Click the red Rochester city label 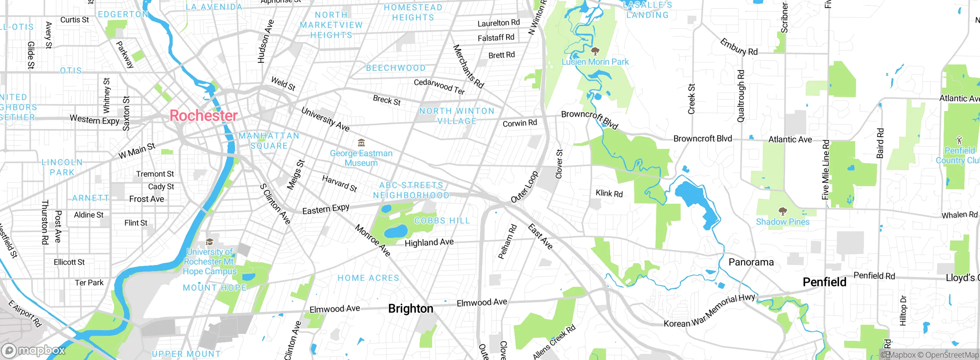pos(203,116)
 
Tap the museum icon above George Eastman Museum pos(361,143)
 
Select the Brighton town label pos(410,309)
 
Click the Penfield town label pos(824,282)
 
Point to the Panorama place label pos(751,262)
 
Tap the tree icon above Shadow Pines pos(782,211)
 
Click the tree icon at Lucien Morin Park pos(595,51)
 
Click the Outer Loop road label pos(524,187)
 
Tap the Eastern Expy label pos(326,209)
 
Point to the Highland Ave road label pos(429,242)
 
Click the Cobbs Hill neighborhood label pos(442,221)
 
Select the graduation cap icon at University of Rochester pos(209,242)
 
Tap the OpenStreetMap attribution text pos(948,355)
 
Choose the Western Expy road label pos(95,120)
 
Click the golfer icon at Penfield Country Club pos(959,140)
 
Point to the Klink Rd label pos(609,193)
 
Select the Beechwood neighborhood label pos(395,68)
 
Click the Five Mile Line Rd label pos(826,170)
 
